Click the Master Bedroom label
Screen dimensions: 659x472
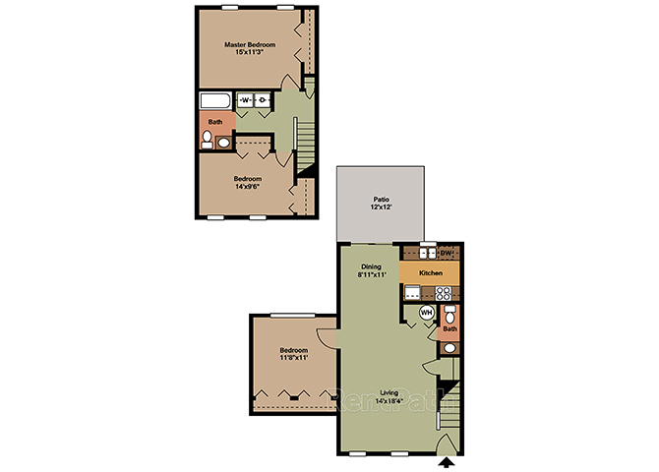click(250, 44)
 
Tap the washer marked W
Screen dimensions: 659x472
click(246, 100)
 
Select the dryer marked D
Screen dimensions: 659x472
click(263, 100)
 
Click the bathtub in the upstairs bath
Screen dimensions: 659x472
click(215, 101)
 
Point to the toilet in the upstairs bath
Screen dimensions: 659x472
click(207, 139)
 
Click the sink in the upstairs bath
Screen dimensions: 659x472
click(223, 143)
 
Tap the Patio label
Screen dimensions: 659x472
click(382, 200)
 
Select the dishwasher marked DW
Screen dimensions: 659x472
click(447, 253)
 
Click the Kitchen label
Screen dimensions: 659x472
click(431, 272)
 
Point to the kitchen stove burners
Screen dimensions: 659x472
click(444, 293)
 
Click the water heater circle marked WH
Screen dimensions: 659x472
click(427, 313)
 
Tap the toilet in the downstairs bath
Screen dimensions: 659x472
click(449, 315)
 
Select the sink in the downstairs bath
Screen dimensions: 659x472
click(449, 348)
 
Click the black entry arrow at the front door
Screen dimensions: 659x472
click(447, 462)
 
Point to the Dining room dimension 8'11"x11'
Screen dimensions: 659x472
click(372, 274)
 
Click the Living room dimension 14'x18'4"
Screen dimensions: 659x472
click(389, 400)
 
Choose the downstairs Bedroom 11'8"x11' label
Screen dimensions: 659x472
click(294, 354)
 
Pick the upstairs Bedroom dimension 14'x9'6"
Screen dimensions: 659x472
click(248, 186)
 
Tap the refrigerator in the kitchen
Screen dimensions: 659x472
click(412, 292)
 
